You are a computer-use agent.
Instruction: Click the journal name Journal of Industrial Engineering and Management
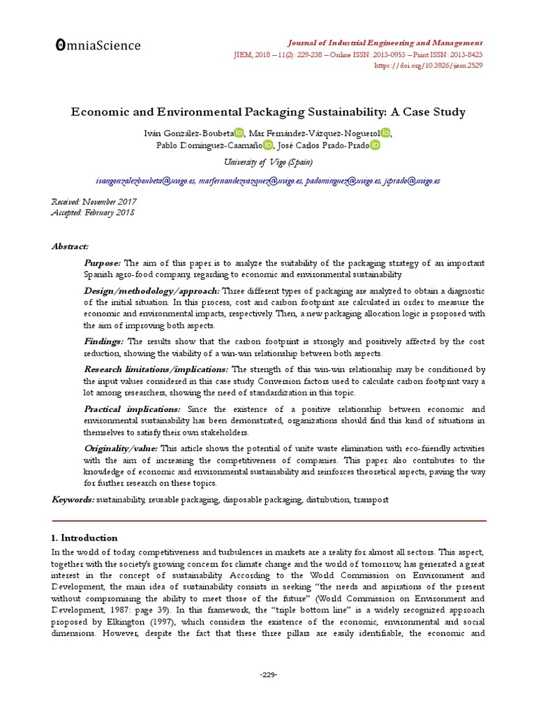click(385, 43)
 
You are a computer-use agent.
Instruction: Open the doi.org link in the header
click(429, 66)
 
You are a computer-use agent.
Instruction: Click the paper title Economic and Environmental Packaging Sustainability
click(269, 112)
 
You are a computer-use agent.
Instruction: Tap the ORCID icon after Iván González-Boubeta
click(239, 133)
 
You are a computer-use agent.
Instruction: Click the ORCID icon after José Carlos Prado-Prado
click(375, 145)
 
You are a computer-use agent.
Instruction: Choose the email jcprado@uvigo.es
click(412, 181)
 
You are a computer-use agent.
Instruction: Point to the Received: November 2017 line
click(94, 202)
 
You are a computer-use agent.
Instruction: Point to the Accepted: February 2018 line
click(94, 212)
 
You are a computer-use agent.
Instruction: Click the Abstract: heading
click(70, 246)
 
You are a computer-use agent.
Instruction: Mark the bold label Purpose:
click(103, 263)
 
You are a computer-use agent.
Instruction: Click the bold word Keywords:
click(73, 500)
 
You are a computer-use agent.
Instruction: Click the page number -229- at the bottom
click(269, 675)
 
